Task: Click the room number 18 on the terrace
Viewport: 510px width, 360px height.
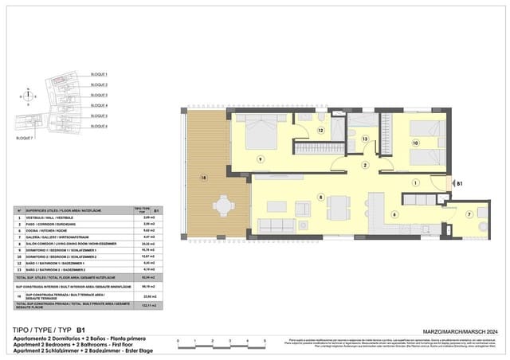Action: pos(204,177)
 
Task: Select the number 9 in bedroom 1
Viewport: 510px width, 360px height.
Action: pos(260,160)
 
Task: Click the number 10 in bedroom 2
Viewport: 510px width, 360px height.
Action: pos(414,143)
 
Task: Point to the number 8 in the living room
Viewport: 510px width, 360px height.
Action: pos(320,196)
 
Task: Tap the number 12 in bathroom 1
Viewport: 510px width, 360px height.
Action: pos(321,129)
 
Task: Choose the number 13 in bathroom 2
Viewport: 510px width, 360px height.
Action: pos(365,139)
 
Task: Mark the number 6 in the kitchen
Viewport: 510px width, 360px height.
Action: pos(393,213)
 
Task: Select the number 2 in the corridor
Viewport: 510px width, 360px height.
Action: pos(365,165)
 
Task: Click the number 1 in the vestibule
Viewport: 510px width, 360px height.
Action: pos(415,182)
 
